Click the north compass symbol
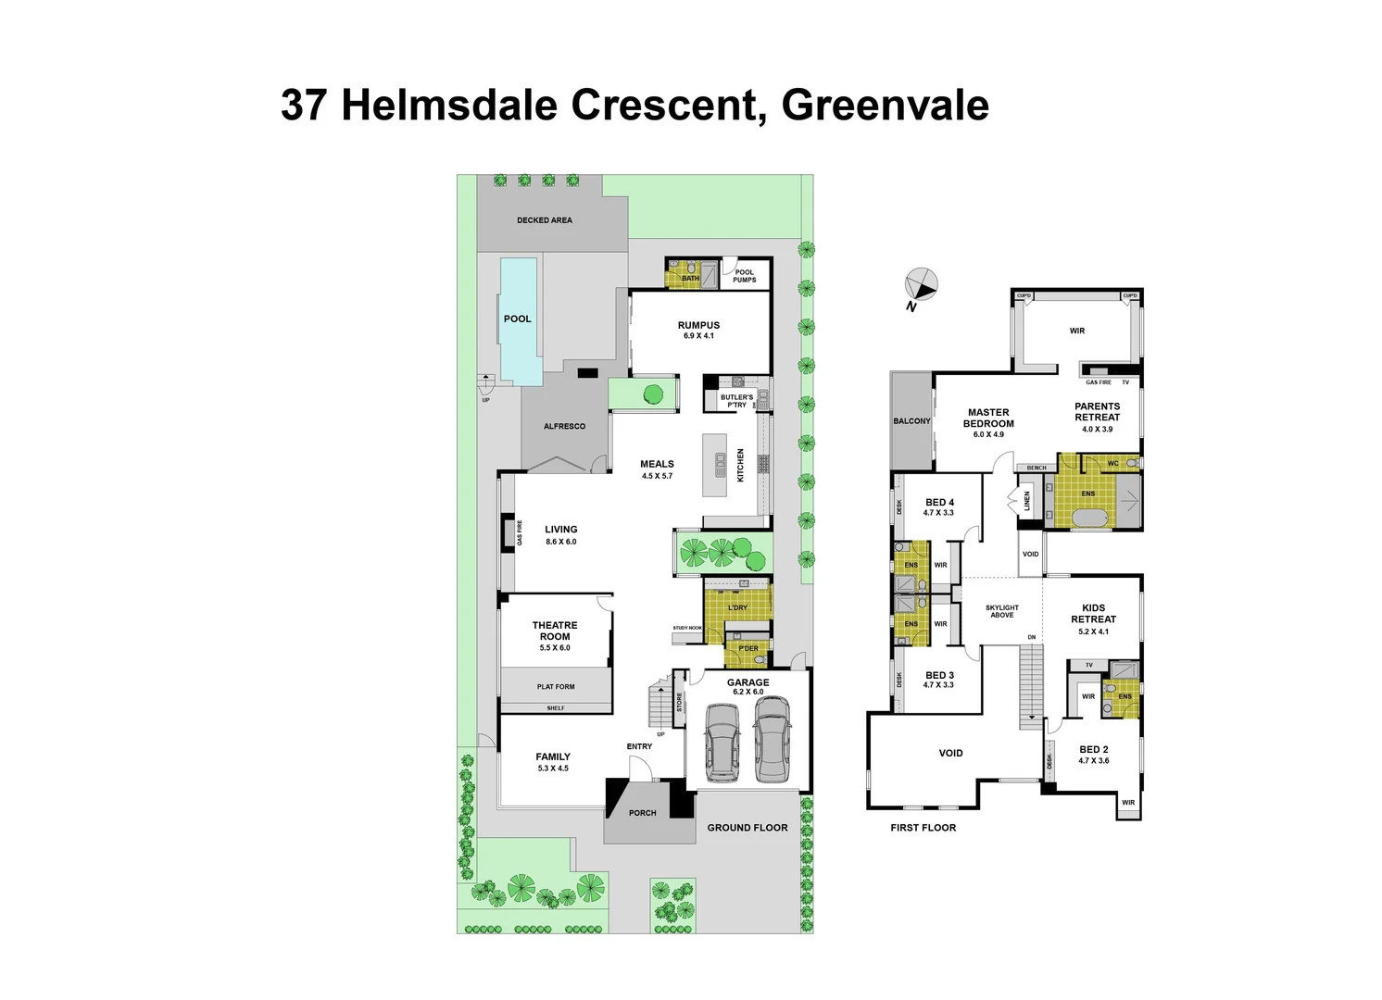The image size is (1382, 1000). (x=922, y=284)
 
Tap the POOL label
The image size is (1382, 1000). (x=518, y=319)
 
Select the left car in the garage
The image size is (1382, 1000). (x=722, y=743)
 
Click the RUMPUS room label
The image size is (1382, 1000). (x=698, y=325)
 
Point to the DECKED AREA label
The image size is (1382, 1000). (x=545, y=220)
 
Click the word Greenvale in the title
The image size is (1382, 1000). (x=886, y=105)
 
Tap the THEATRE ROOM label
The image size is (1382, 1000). (x=555, y=631)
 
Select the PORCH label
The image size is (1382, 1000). (x=642, y=813)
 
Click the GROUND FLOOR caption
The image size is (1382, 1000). (x=748, y=828)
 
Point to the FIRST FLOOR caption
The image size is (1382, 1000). (x=923, y=828)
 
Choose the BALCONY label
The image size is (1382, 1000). (x=911, y=421)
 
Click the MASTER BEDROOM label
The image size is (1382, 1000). (x=988, y=418)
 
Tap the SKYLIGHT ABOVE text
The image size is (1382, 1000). (x=1002, y=611)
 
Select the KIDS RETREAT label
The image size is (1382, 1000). (x=1094, y=613)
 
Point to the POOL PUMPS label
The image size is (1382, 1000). (x=745, y=276)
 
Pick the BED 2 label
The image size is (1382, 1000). (x=1093, y=750)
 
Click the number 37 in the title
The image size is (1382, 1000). (x=303, y=105)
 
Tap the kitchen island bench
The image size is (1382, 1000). (x=716, y=468)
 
